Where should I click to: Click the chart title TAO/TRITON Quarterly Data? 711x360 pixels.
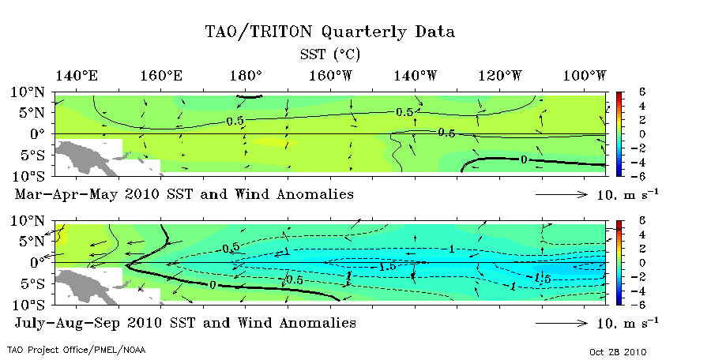click(x=330, y=32)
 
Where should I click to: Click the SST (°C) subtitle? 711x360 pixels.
click(x=330, y=54)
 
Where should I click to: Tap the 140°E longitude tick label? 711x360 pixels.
click(x=77, y=76)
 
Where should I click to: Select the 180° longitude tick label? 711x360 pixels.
click(x=246, y=76)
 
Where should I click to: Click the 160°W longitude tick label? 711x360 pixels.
click(x=331, y=76)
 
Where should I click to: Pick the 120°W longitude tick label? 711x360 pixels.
click(x=501, y=76)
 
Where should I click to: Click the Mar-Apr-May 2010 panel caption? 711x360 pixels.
click(x=183, y=193)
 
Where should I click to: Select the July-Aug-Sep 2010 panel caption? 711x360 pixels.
click(x=185, y=323)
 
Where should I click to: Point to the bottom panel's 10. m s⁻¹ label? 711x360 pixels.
click(x=626, y=322)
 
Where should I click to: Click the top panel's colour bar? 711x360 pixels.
click(x=620, y=133)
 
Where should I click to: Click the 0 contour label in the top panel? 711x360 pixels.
click(x=525, y=160)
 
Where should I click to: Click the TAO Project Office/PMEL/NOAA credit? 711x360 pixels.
click(x=76, y=349)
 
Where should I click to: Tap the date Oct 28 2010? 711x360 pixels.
click(x=619, y=351)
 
